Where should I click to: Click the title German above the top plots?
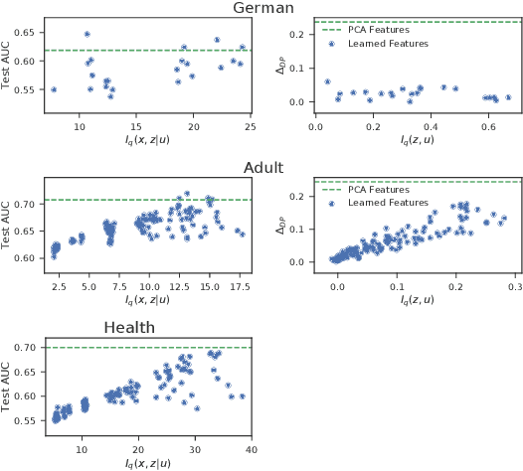coord(262,9)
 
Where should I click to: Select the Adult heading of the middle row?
coord(261,168)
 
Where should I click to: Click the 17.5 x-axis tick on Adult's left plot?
coord(239,287)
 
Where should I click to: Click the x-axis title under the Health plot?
coord(146,463)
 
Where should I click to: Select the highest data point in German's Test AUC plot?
coord(87,34)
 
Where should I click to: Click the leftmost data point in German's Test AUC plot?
coord(54,89)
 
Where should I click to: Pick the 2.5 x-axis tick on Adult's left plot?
coord(59,287)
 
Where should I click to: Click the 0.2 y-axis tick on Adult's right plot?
coord(299,197)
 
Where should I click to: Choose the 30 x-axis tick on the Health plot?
coord(196,449)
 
